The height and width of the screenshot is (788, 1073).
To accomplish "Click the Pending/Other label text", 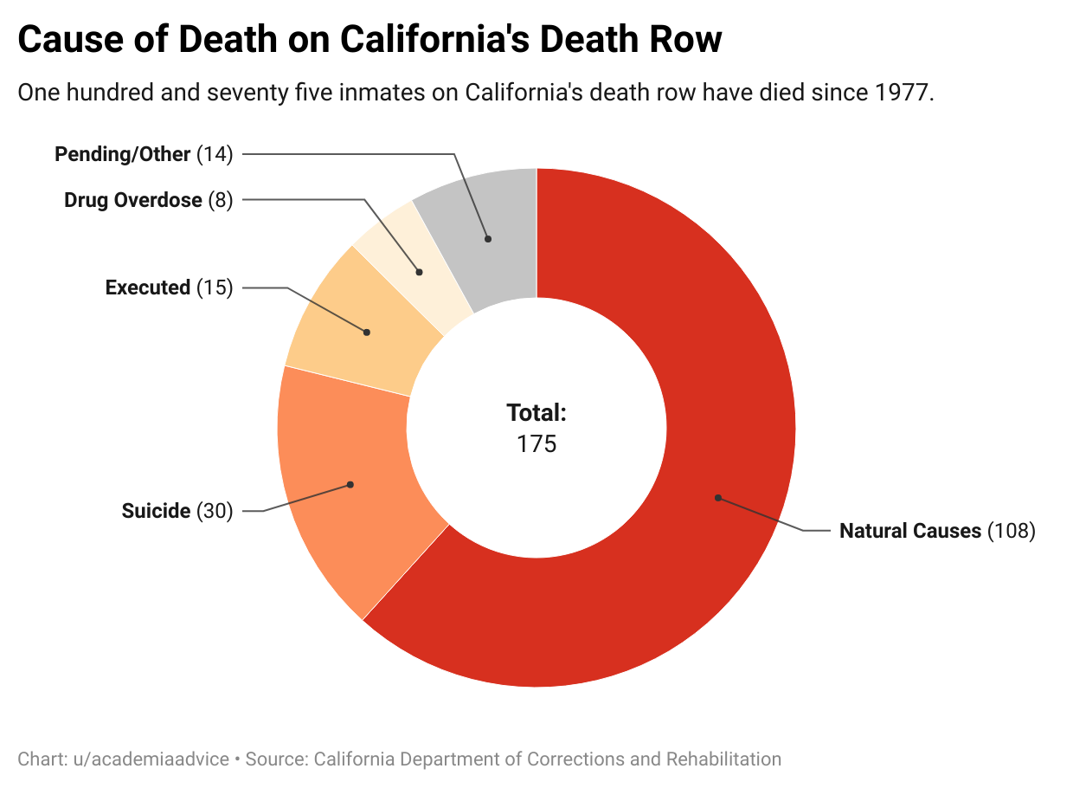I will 122,155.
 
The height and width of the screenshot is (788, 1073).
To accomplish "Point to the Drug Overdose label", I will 132,201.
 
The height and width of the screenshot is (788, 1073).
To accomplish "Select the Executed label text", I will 147,287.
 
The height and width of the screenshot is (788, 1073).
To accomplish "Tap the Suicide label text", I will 156,511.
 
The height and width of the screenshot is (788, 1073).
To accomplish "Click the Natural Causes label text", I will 910,531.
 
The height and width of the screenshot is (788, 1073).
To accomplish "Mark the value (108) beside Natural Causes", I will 1011,531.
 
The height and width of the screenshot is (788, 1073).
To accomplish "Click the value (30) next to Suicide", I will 215,511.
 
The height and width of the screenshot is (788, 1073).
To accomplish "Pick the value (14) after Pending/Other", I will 215,155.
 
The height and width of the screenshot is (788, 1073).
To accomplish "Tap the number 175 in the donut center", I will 536,444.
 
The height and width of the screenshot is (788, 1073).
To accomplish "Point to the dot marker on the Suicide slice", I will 350,485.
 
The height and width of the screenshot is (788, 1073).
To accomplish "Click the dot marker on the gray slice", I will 488,238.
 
